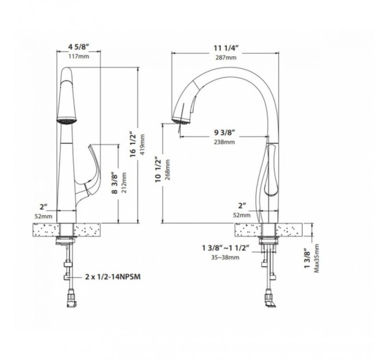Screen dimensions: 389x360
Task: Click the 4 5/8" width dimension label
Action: (x=79, y=47)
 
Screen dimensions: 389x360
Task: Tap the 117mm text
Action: (x=78, y=57)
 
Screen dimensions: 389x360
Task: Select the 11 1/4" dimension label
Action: (x=226, y=48)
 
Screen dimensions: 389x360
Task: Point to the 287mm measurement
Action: (x=226, y=58)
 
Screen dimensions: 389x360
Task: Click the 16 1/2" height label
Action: (x=133, y=145)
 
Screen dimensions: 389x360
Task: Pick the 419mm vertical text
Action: (x=142, y=145)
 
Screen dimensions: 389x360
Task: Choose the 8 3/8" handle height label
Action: (x=114, y=183)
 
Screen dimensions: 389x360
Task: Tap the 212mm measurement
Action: (x=124, y=183)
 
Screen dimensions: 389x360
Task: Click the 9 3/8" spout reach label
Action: (x=224, y=133)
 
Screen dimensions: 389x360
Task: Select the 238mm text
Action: (x=224, y=142)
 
